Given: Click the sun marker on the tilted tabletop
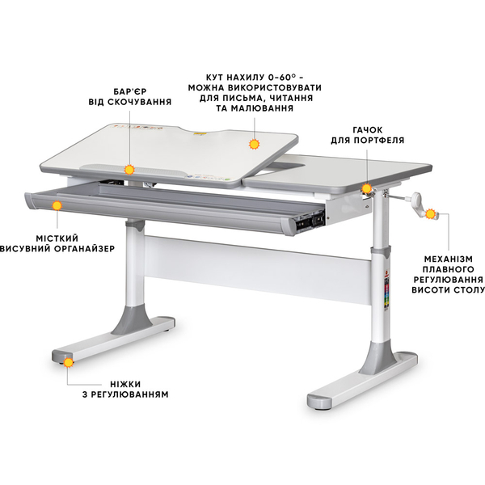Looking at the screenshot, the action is (x=255, y=144).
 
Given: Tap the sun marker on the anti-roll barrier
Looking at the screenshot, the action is (x=129, y=170).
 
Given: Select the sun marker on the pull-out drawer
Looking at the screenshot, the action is (x=57, y=205).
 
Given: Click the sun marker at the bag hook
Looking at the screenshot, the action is (x=366, y=188).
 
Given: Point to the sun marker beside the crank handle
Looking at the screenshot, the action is (x=430, y=214).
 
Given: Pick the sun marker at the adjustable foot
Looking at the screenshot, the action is (x=69, y=362).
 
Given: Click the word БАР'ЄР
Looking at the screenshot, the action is (x=130, y=92).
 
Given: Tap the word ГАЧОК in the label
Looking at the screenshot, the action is (x=368, y=130).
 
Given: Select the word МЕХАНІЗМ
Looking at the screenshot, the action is (x=448, y=259).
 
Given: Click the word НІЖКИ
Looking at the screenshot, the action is (x=125, y=384).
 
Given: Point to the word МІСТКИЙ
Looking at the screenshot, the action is (x=57, y=238).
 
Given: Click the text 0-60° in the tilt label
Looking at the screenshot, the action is (x=283, y=77).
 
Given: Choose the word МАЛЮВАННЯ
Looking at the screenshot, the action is (x=262, y=108).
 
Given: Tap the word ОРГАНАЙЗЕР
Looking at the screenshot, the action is (x=85, y=249).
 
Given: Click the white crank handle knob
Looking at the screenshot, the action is (x=416, y=196).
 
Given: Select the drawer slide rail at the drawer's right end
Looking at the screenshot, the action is (x=310, y=220).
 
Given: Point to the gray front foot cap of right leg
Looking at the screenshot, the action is (x=319, y=402).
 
